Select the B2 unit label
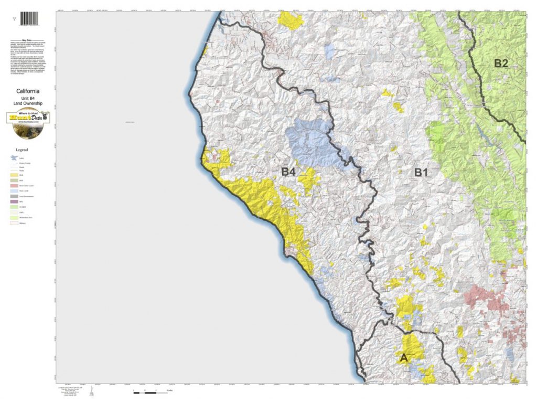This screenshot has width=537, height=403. click(501, 63)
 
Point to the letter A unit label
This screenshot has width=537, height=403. click(403, 358)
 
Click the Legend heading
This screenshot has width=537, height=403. click(29, 149)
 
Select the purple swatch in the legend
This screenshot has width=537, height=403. click(14, 201)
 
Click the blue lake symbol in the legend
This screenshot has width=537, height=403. click(14, 157)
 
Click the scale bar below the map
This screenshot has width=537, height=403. click(149, 391)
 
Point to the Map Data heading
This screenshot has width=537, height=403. click(29, 39)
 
